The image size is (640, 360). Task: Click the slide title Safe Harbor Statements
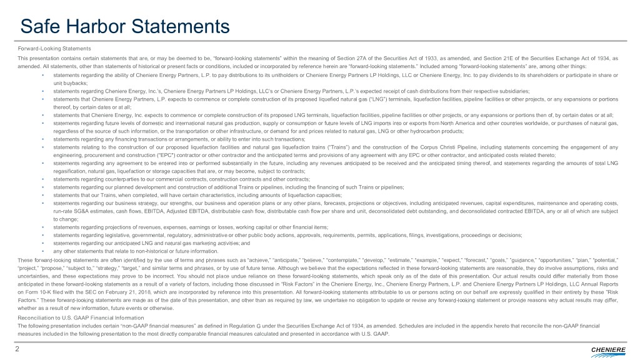coord(125,26)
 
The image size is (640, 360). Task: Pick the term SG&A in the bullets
coord(76,212)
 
